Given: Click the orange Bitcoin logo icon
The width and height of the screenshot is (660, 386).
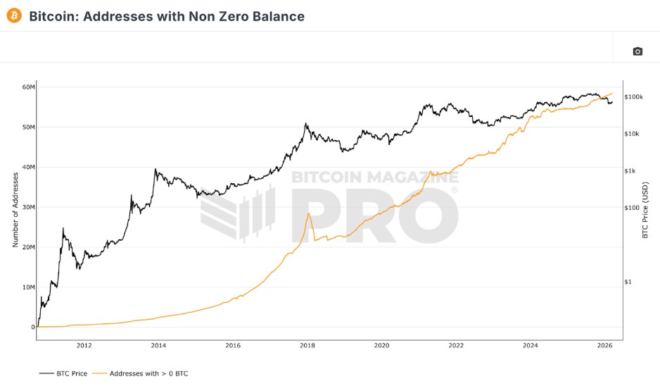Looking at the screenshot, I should (14, 15).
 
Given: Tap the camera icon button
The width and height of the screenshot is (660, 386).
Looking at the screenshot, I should (637, 51).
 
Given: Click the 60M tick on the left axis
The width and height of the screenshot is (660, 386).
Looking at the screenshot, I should (27, 87).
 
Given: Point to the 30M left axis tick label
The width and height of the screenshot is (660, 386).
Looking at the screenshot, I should (27, 207).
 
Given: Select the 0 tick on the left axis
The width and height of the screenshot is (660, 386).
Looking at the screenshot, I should (32, 328).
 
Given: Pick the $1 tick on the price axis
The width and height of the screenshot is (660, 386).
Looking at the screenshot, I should (630, 282).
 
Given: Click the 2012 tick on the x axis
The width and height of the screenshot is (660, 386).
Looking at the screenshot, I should (84, 346).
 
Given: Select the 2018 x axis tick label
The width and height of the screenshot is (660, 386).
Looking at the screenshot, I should (307, 346).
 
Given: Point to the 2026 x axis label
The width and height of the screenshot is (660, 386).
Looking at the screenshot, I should (604, 346).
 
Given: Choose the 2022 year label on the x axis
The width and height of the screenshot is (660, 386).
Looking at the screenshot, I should (456, 346).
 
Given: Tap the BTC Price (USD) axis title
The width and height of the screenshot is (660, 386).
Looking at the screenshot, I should (645, 209).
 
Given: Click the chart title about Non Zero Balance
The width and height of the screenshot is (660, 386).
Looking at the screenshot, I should (167, 16).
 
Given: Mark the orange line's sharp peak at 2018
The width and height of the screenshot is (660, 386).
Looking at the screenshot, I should (308, 213).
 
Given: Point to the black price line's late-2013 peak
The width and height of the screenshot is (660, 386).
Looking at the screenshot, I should (155, 169).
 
